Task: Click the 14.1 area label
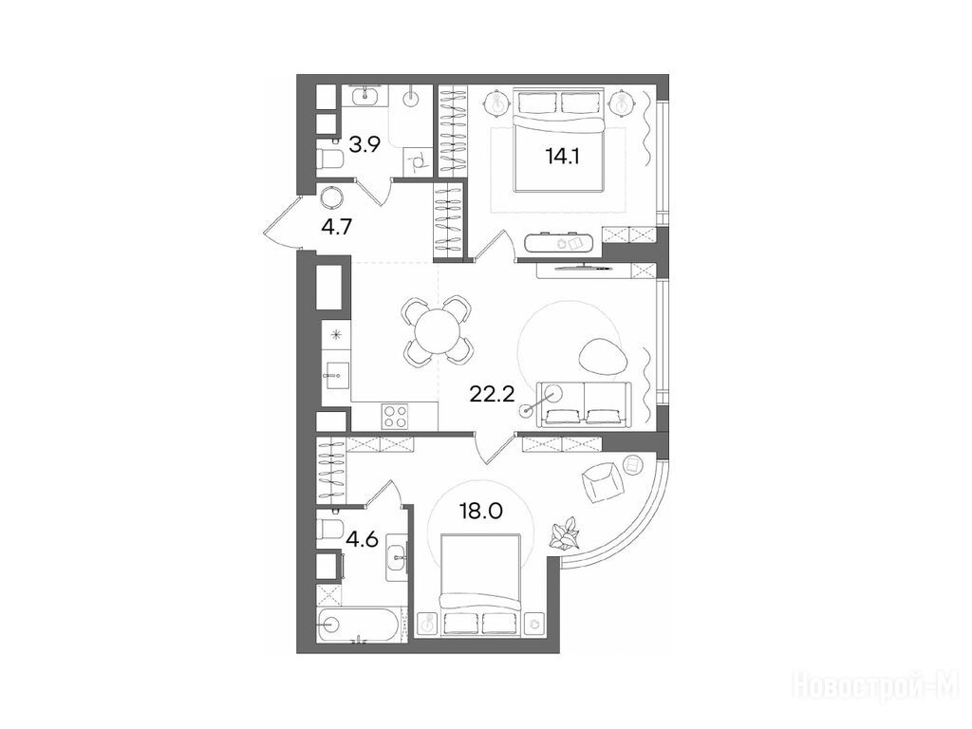(562, 157)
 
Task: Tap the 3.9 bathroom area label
(364, 145)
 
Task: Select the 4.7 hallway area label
(337, 227)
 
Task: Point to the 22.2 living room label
(493, 394)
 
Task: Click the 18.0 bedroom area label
(481, 512)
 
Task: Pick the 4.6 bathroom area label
(363, 539)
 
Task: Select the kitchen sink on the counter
(337, 376)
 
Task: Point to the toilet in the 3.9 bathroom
(330, 159)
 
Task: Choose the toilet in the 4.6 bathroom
(330, 530)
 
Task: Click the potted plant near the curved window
(565, 534)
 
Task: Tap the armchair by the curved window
(601, 481)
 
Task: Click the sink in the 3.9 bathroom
(364, 96)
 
